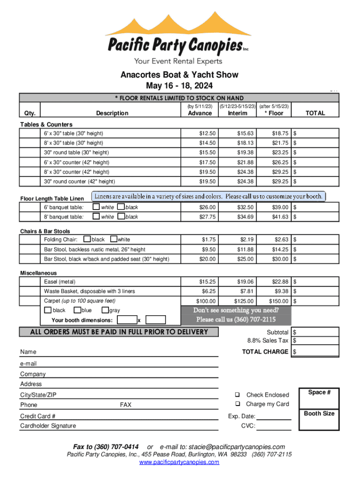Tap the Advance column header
(x=200, y=113)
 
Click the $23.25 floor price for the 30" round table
(x=281, y=152)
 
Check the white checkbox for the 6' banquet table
(x=96, y=207)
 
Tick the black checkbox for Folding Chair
(x=86, y=239)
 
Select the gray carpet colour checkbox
(x=104, y=311)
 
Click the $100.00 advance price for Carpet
(x=206, y=301)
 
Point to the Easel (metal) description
(x=59, y=282)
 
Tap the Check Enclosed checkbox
(x=238, y=395)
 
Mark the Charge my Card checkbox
(x=238, y=404)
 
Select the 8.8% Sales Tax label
(x=268, y=341)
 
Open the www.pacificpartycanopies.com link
(x=179, y=462)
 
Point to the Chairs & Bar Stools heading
(x=45, y=231)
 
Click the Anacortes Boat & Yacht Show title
(x=180, y=75)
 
